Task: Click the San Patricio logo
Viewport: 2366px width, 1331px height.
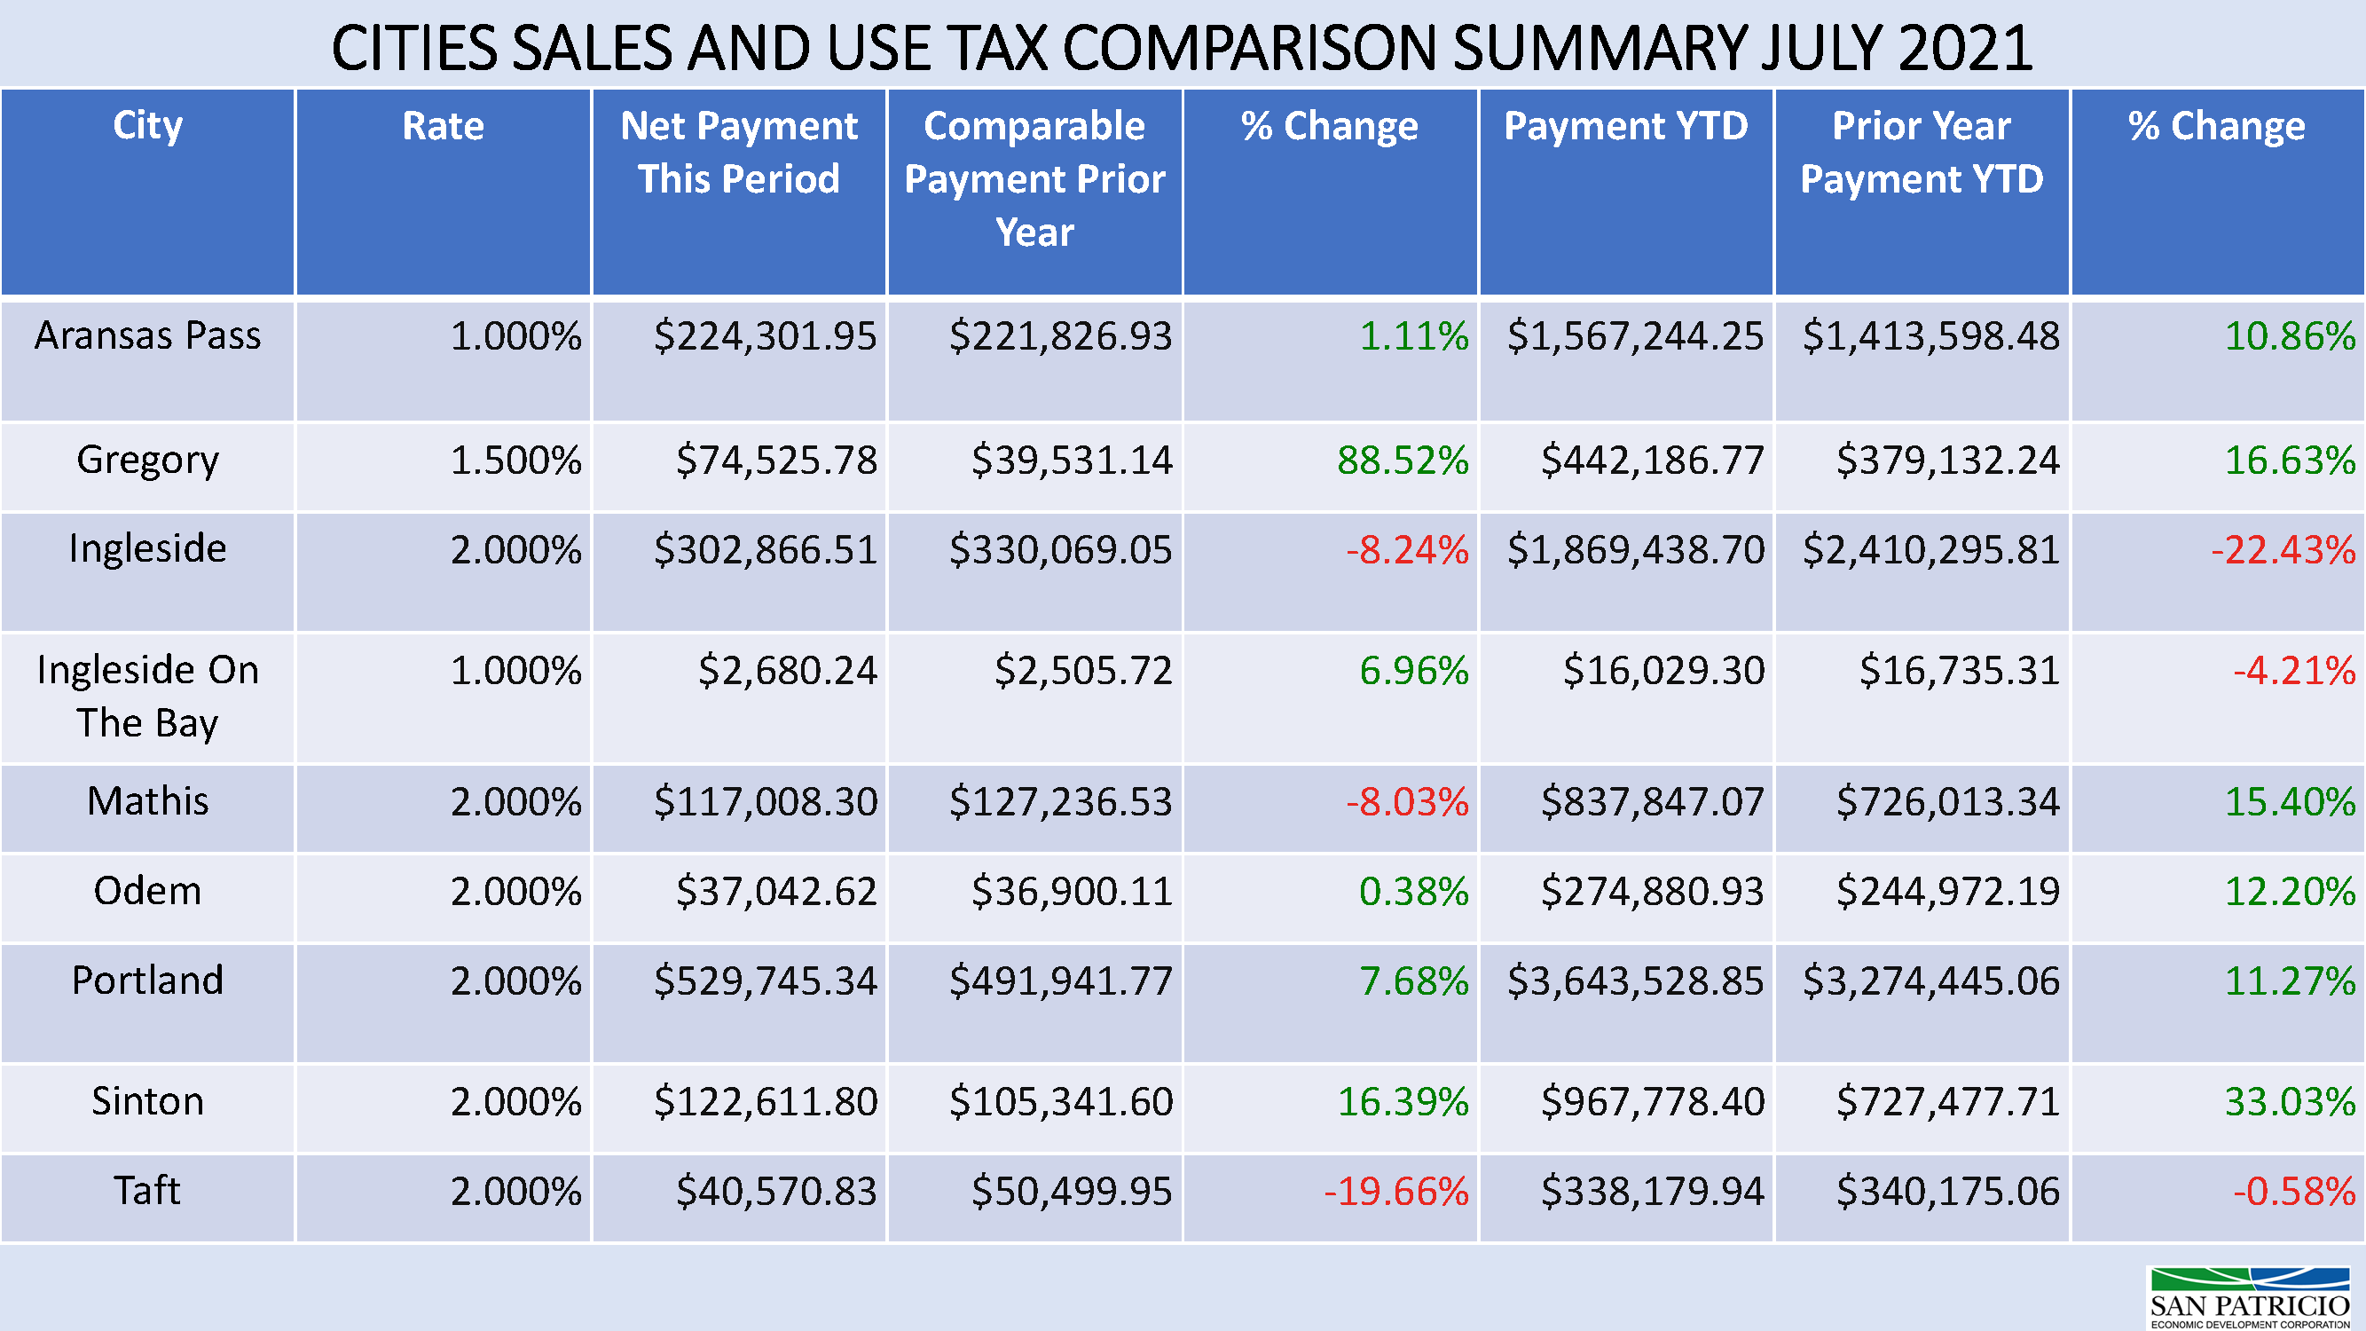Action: click(x=2250, y=1296)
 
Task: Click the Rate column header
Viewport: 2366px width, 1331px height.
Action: click(x=443, y=126)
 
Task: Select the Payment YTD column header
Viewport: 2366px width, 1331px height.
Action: click(x=1626, y=126)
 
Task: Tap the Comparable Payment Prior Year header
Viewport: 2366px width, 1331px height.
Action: click(x=1034, y=178)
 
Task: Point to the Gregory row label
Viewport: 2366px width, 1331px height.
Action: click(x=148, y=460)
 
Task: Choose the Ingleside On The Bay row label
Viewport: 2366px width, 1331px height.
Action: click(x=148, y=696)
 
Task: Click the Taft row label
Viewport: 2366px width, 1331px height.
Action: click(x=148, y=1191)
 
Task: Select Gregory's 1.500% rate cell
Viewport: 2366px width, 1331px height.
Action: click(x=515, y=461)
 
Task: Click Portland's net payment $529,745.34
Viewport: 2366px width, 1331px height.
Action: click(x=765, y=981)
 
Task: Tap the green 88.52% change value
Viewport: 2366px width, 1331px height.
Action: click(x=1403, y=461)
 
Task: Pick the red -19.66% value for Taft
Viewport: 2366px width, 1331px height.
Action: click(x=1396, y=1192)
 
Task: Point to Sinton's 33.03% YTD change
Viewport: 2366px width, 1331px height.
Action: click(x=2290, y=1101)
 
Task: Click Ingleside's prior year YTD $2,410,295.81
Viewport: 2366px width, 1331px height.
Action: click(x=1930, y=550)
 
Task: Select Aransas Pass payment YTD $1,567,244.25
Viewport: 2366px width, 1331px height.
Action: click(x=1635, y=336)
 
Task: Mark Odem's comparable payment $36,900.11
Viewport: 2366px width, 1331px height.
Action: click(x=1072, y=891)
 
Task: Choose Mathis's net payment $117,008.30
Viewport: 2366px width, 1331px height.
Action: click(x=765, y=802)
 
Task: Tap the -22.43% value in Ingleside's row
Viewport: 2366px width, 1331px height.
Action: click(x=2283, y=550)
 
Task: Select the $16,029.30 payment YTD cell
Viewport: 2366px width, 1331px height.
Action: click(x=1663, y=671)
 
